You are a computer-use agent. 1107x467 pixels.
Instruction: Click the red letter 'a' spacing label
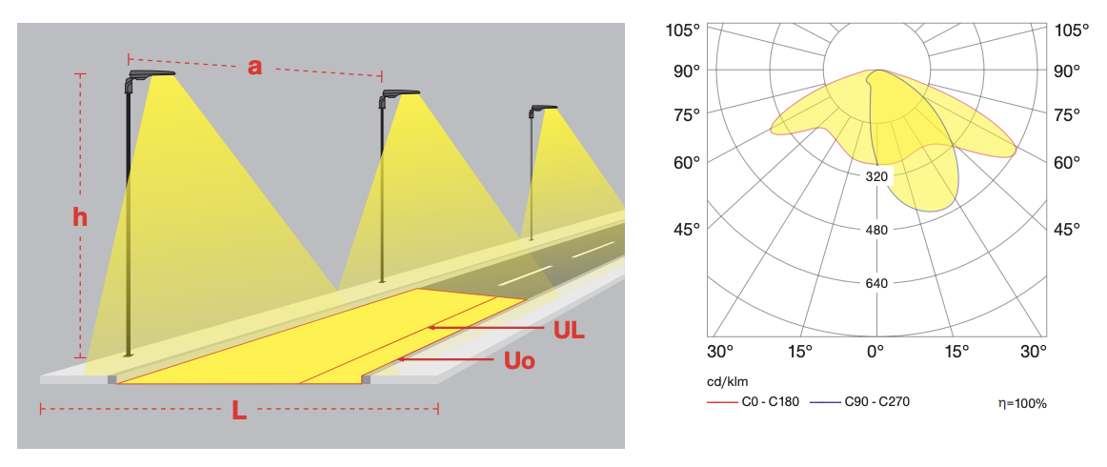(255, 67)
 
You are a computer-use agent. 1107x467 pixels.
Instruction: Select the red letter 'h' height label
(80, 217)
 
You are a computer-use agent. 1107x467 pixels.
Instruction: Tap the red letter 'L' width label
(239, 411)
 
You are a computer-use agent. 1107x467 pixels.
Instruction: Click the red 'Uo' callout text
(519, 361)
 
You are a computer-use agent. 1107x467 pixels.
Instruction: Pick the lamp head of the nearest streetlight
(151, 76)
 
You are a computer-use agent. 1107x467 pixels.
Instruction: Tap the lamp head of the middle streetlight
(399, 94)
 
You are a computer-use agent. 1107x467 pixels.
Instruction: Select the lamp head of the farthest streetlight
(543, 109)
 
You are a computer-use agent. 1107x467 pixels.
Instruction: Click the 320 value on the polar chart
(876, 176)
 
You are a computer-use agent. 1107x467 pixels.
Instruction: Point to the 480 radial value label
(876, 230)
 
